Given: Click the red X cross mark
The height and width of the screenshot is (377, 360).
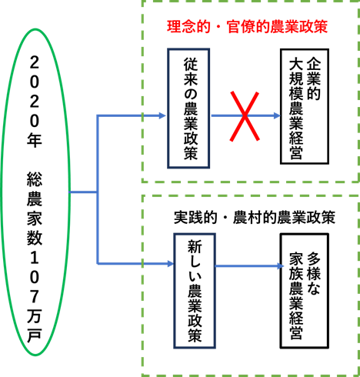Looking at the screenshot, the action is click(x=245, y=116).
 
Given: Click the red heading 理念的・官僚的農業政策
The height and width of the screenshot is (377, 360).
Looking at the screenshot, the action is click(x=247, y=27).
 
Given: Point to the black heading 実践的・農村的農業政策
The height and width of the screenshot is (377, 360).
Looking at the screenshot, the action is click(x=255, y=218).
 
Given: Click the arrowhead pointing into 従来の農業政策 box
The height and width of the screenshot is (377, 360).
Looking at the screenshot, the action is click(x=162, y=115).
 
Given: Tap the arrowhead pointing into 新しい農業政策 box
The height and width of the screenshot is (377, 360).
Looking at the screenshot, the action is click(x=171, y=264).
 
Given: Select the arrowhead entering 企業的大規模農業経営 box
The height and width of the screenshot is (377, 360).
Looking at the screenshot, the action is click(x=277, y=115).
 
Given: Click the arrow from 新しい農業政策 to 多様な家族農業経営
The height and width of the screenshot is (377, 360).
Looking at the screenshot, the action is click(x=250, y=266).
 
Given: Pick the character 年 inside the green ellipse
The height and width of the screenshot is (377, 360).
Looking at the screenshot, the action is click(x=35, y=140).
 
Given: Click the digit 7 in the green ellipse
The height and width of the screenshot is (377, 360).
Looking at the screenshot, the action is click(x=35, y=296).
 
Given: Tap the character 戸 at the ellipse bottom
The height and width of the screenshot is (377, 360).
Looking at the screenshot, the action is click(x=35, y=335).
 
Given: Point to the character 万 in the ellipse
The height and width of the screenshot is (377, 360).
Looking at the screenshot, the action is click(x=35, y=316).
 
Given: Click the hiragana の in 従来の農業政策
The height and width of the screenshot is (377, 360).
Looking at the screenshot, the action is click(x=191, y=95).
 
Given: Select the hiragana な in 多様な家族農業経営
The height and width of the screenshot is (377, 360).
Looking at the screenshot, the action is click(x=314, y=288).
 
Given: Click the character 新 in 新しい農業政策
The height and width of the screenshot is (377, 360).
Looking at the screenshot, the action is click(x=195, y=247).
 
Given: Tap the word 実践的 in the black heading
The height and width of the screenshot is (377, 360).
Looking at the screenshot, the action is click(x=195, y=218).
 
